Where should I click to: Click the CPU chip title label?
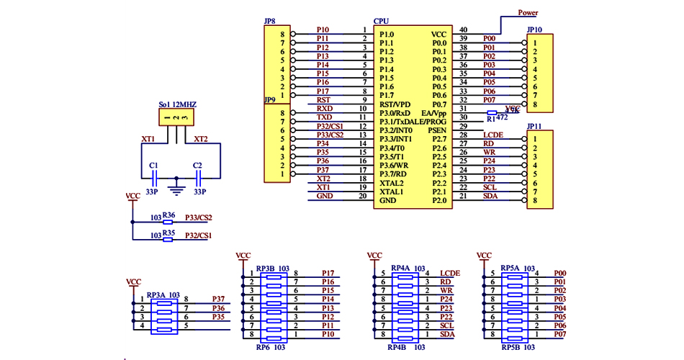coord(382,22)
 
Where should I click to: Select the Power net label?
coord(528,13)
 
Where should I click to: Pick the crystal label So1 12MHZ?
coord(177,104)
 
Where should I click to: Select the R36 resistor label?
coord(169,215)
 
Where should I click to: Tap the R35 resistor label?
coord(169,234)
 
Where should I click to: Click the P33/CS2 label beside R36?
coord(198,217)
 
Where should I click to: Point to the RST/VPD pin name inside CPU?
coord(395,104)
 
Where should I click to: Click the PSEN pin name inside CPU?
coord(437,131)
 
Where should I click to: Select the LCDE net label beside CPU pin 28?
coord(493,135)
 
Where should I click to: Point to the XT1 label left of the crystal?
coord(148,139)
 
